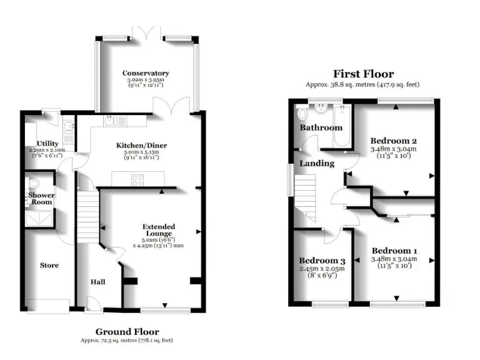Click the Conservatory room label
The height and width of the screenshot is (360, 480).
pos(146,73)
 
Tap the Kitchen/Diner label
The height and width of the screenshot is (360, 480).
pos(142,146)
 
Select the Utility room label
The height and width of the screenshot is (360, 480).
pos(47,144)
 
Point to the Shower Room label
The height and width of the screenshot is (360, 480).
pos(41,199)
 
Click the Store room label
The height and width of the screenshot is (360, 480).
pos(49,266)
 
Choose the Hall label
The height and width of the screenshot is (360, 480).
pos(97,282)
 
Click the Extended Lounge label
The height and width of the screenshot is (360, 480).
pos(159,230)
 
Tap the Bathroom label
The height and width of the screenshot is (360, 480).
pos(321,127)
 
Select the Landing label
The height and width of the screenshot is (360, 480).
pos(317,163)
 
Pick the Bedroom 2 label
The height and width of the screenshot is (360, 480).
pos(393,141)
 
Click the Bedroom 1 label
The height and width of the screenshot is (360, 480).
pos(394,251)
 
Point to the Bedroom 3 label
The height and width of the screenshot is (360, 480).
pos(322,261)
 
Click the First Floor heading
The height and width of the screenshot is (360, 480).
pos(363,74)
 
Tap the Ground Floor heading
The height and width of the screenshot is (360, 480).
pos(127,331)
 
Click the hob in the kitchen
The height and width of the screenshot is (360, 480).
pos(137,180)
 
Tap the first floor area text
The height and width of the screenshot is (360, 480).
pos(363,84)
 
